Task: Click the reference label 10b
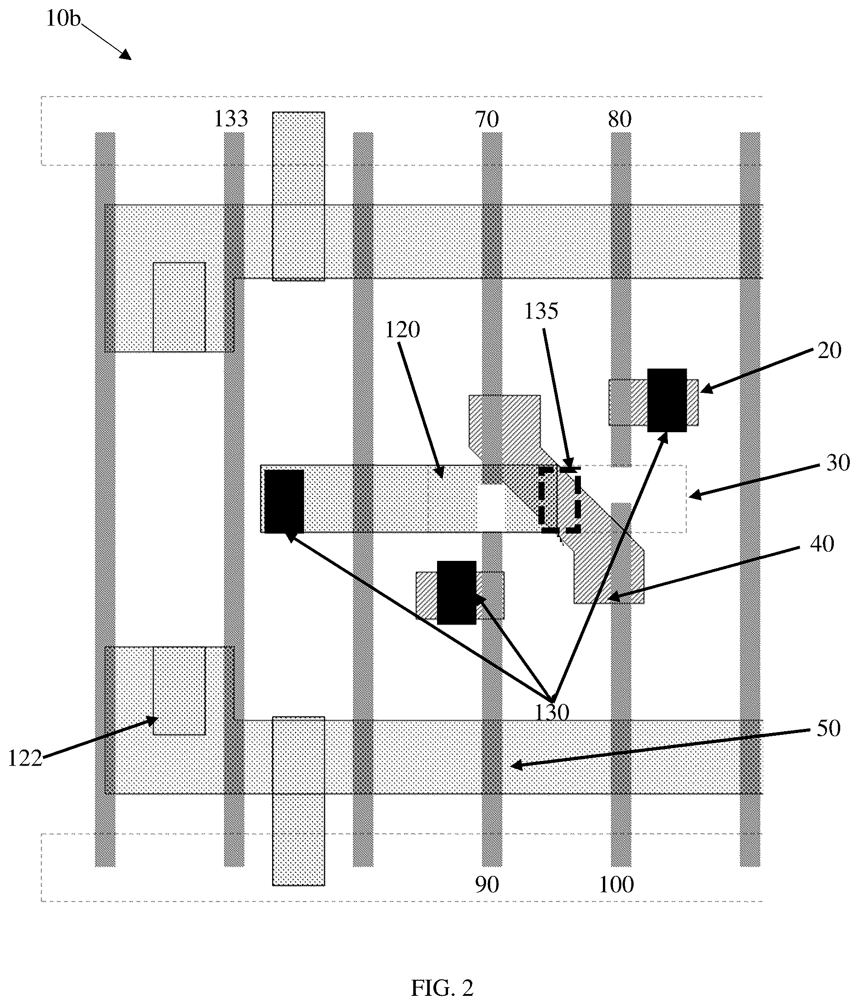[x=63, y=19]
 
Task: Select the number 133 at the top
[x=231, y=119]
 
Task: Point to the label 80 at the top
[x=620, y=119]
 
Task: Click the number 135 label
[x=541, y=311]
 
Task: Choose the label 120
[x=402, y=330]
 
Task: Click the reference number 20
[x=829, y=350]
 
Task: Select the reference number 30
[x=838, y=463]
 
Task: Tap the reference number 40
[x=822, y=544]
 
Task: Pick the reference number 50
[x=828, y=728]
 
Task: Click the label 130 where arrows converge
[x=552, y=712]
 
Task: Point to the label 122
[x=25, y=759]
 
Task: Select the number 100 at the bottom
[x=616, y=885]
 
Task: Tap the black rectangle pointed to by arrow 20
[x=667, y=400]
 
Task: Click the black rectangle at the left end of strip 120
[x=285, y=501]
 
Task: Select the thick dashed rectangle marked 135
[x=560, y=500]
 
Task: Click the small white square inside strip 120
[x=491, y=508]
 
